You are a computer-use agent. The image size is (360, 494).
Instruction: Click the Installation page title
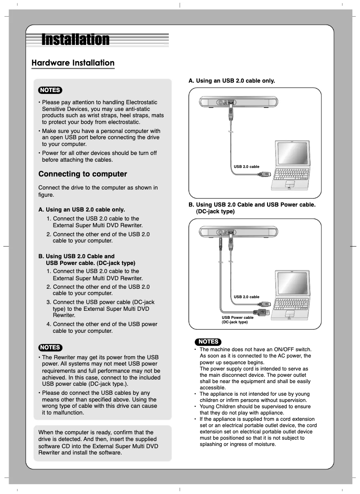(75, 40)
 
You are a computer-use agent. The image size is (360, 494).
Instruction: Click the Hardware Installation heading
(73, 63)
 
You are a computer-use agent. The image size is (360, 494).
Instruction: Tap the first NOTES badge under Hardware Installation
(50, 90)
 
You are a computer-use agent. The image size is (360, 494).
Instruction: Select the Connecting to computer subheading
(83, 174)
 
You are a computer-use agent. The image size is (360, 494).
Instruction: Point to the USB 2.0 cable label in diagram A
(246, 167)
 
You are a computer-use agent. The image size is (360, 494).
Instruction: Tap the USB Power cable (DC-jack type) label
(237, 320)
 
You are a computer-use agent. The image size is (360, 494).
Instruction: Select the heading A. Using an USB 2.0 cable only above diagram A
(232, 81)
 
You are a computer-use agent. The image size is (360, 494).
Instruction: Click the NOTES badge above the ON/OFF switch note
(208, 342)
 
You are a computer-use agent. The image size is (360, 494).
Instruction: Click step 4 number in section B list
(49, 324)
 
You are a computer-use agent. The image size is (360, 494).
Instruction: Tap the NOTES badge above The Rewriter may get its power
(50, 347)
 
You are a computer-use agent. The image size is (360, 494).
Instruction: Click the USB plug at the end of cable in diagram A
(265, 173)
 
